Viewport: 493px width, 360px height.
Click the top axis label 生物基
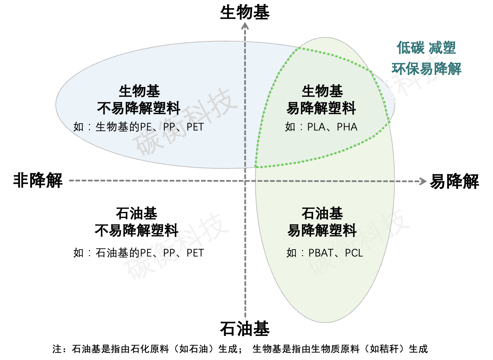244,13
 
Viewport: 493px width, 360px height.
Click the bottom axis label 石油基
244,329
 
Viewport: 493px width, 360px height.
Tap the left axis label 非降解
38,180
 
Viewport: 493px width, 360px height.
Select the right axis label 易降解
454,181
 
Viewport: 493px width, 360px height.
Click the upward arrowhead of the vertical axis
245,26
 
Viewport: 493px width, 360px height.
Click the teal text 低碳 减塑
426,48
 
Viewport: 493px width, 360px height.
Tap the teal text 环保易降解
426,69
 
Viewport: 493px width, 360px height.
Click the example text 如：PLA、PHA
321,127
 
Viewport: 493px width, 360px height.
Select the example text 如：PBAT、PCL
325,253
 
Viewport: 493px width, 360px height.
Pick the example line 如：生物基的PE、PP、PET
139,127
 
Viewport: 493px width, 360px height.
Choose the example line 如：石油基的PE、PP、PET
139,253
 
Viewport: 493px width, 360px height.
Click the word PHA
347,127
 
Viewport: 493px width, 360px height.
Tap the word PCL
354,253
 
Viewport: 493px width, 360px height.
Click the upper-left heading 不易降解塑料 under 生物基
139,108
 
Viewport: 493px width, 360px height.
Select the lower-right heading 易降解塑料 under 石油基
322,231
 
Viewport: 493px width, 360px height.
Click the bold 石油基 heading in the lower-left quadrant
136,214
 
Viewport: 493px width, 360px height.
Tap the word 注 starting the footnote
57,349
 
